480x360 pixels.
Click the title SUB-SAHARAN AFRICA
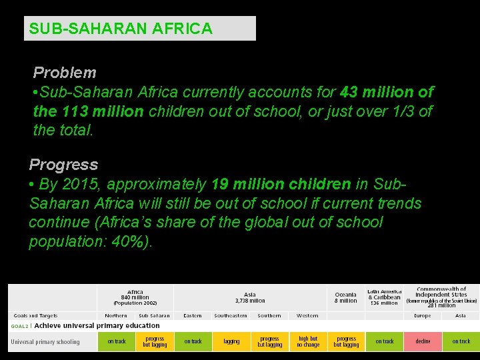(121, 29)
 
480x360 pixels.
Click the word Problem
(65, 73)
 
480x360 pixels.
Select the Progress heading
(63, 165)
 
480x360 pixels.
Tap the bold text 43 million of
(387, 92)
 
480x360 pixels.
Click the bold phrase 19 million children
(281, 184)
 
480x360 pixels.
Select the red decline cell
(423, 341)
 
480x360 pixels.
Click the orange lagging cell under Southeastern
(231, 341)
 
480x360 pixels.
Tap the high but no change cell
(308, 341)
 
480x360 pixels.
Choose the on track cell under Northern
(117, 341)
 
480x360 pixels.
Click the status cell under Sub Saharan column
(155, 341)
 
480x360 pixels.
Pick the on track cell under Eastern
(193, 341)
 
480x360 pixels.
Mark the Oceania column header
(345, 297)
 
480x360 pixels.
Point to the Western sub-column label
(307, 315)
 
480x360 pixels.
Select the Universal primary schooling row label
(45, 342)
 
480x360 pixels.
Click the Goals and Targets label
(35, 315)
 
